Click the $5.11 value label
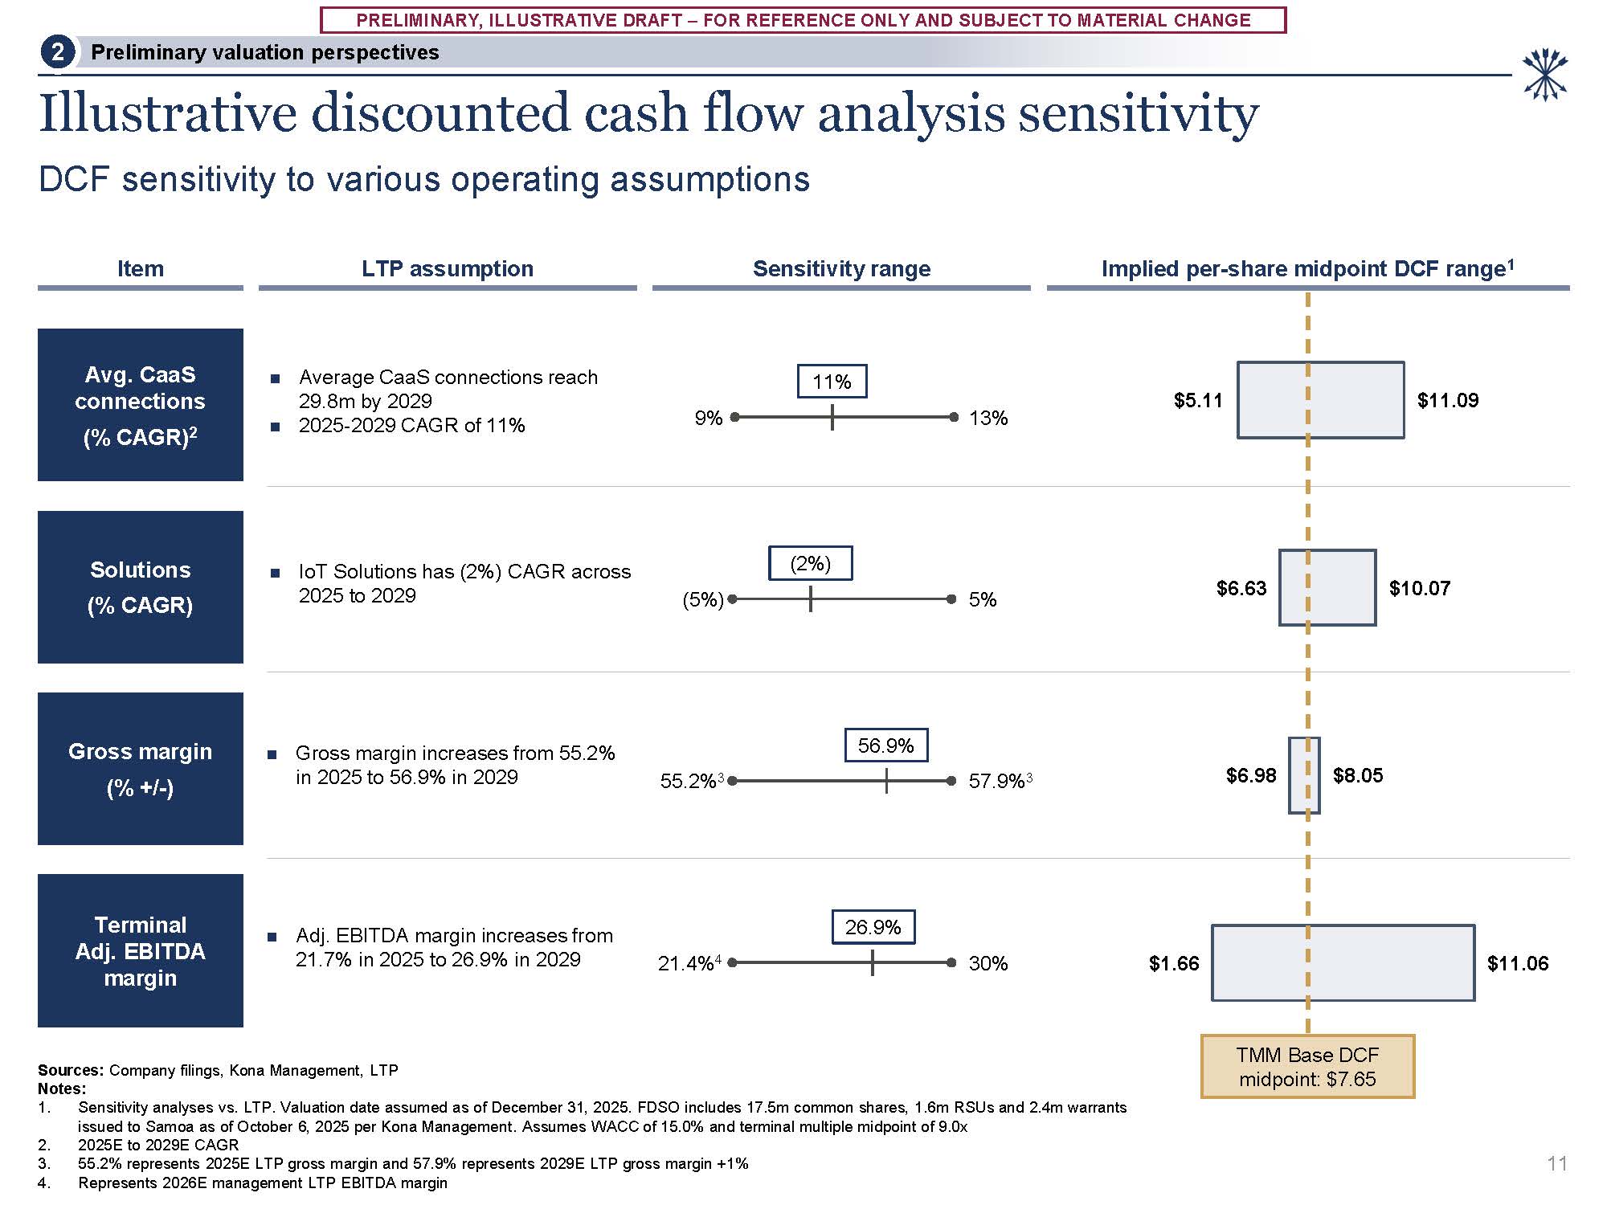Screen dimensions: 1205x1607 [x=1197, y=400]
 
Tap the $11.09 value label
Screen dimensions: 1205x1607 [x=1447, y=400]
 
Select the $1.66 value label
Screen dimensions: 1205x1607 [x=1173, y=963]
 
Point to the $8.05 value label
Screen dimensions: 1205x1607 [x=1358, y=775]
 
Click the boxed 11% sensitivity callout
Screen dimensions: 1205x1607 [x=832, y=382]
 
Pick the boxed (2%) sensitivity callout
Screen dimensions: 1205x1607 [x=810, y=563]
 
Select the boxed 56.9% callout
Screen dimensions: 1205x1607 [x=885, y=745]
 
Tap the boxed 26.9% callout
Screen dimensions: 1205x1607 [x=873, y=927]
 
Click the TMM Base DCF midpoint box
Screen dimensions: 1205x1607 [x=1307, y=1067]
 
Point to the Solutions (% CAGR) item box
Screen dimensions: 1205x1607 [x=141, y=587]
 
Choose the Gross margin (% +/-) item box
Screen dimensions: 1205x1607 [x=141, y=769]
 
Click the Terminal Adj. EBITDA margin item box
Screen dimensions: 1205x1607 [x=141, y=950]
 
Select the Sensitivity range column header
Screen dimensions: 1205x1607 [x=841, y=269]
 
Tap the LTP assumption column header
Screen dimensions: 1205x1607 [x=448, y=269]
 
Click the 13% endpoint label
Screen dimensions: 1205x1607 [x=988, y=418]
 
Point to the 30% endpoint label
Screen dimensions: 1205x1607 [x=988, y=963]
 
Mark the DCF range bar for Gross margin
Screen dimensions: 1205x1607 [x=1304, y=775]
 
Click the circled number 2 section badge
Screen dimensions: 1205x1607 [x=58, y=53]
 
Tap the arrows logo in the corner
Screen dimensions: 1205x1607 [x=1545, y=76]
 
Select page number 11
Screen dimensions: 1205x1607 [x=1556, y=1163]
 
